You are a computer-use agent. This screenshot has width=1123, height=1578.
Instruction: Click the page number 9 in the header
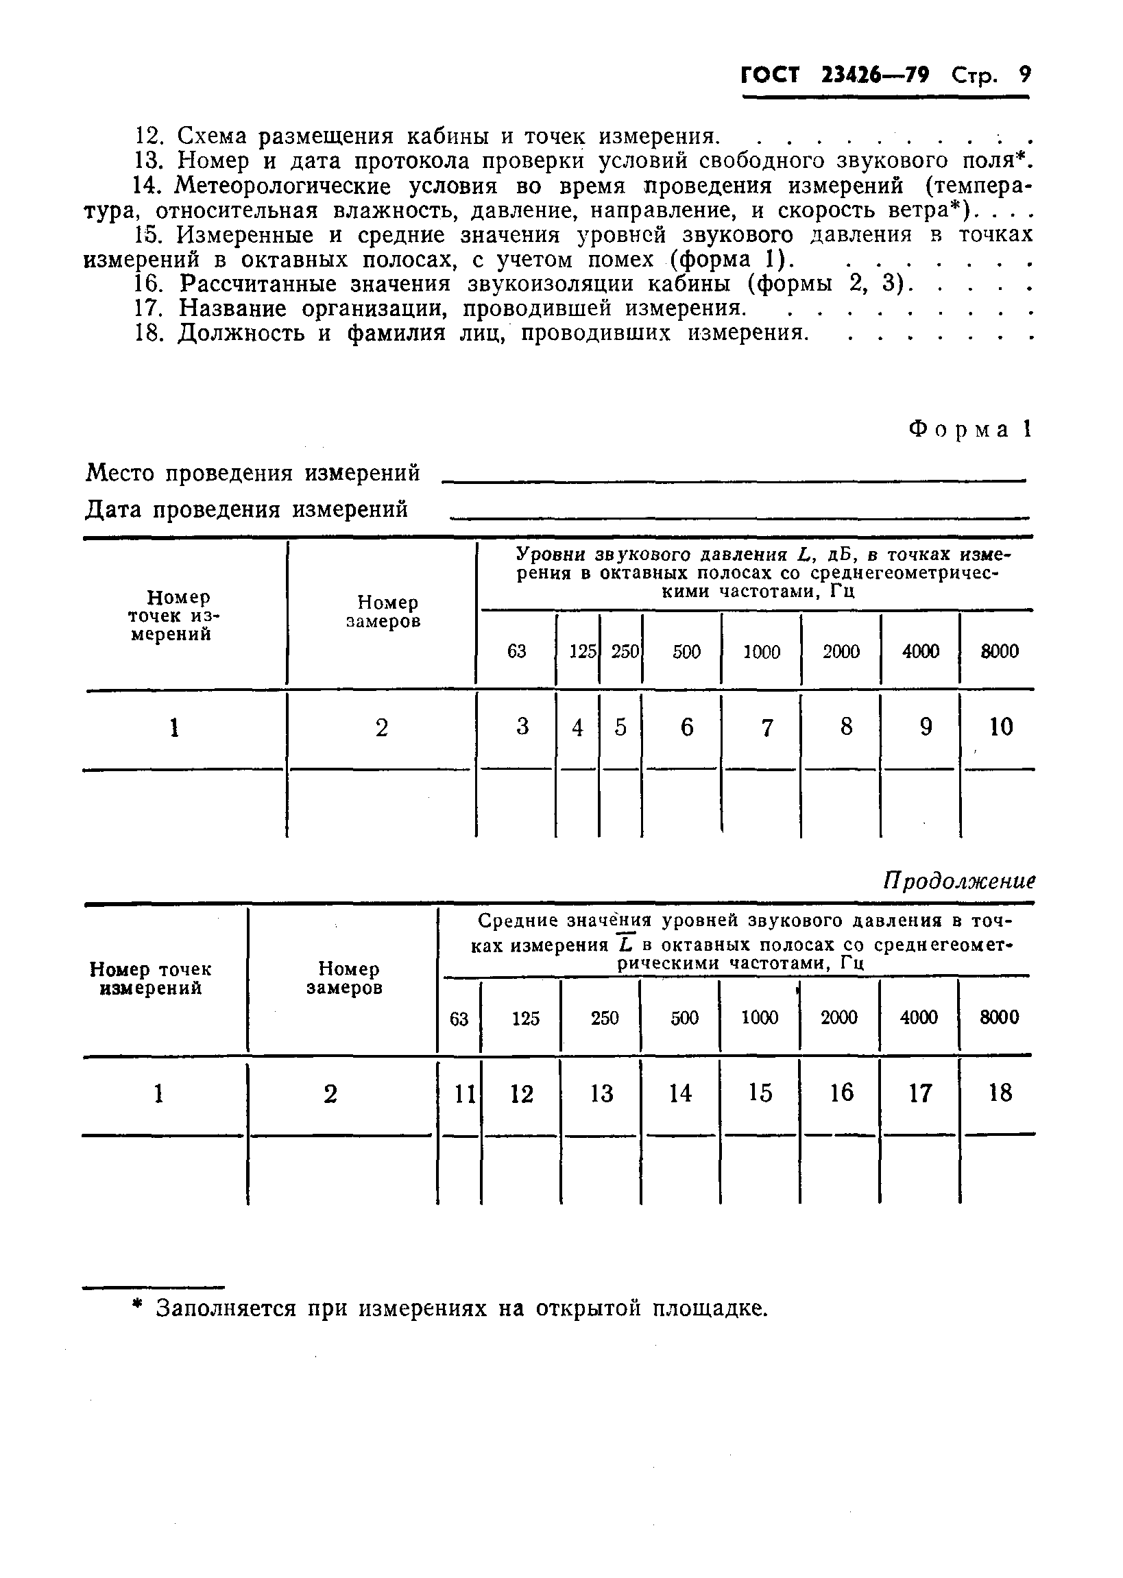(x=1024, y=74)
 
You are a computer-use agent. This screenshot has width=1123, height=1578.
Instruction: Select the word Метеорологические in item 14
(x=283, y=186)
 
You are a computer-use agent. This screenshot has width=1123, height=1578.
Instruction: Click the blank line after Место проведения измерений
(x=733, y=479)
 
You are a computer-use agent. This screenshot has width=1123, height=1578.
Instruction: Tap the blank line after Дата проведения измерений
(x=738, y=515)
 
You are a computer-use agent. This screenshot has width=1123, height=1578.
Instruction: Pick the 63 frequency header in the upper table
(x=516, y=651)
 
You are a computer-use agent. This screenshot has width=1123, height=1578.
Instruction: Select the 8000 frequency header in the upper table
(x=1000, y=651)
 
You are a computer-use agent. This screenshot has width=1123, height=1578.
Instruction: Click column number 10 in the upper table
(x=1000, y=727)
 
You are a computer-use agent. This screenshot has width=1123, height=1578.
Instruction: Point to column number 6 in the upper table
(x=687, y=727)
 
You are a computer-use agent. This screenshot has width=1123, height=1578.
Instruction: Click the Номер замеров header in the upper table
(x=383, y=612)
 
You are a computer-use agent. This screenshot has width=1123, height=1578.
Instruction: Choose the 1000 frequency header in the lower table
(x=759, y=1017)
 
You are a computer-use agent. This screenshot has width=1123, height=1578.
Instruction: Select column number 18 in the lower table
(x=1000, y=1093)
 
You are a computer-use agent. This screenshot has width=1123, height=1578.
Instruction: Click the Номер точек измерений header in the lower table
(x=151, y=979)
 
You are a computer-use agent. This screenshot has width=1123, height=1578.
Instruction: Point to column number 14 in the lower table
(x=680, y=1093)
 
